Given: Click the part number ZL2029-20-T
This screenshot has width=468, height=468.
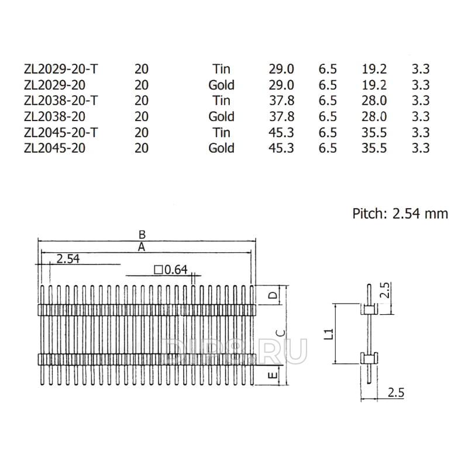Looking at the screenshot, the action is coord(61,69).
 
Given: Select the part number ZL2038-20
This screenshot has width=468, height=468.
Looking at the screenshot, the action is coord(54,116).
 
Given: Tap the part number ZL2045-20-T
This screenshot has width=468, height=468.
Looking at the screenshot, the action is coord(61,133).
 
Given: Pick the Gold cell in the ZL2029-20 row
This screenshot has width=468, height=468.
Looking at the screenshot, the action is coord(221,85).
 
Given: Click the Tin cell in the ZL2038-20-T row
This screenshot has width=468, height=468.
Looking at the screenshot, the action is coord(221,101).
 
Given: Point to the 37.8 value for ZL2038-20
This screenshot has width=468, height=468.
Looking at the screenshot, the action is coord(281,116).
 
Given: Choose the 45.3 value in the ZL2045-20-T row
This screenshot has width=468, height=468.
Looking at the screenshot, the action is coord(281,133).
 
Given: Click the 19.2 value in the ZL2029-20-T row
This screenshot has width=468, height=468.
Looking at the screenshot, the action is coord(374,69).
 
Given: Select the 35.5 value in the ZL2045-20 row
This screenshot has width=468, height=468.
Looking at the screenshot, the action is coord(374,148).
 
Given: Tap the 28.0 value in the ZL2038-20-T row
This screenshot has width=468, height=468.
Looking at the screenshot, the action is coord(374,101).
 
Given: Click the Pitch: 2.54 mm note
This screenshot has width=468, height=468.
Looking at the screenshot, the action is coord(400,214).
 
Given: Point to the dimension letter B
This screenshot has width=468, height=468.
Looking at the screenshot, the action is coord(142,235).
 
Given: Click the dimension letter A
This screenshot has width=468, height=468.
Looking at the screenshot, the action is coord(142,247).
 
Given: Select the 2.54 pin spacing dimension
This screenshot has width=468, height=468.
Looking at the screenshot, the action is coord(68,259).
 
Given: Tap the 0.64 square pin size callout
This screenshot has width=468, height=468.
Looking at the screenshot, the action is coord(171,270).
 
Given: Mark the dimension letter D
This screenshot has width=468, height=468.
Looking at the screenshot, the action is coord(273,295).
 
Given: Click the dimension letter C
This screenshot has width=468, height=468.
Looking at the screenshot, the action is coord(281,333).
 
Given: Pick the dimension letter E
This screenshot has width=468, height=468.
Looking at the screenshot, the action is coord(273,375).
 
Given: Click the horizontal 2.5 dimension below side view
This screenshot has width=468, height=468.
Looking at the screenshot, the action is coord(396,393).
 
